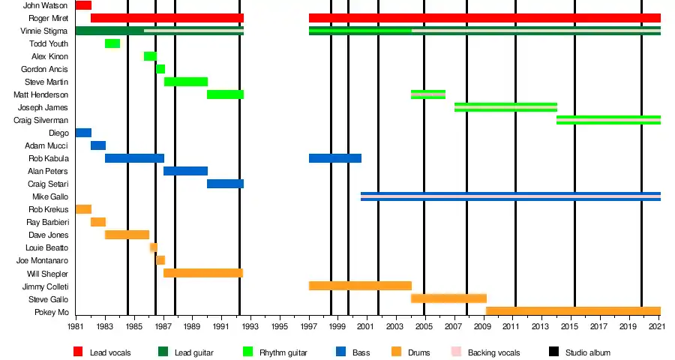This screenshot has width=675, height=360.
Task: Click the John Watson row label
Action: (x=46, y=5)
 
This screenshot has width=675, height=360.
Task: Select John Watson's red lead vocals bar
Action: (x=83, y=5)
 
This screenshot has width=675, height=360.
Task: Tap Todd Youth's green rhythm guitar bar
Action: (x=112, y=43)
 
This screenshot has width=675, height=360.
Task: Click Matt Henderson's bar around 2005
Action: (x=428, y=94)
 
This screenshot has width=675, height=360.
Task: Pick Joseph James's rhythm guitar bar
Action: (x=505, y=107)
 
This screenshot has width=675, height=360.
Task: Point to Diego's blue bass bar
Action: (x=83, y=133)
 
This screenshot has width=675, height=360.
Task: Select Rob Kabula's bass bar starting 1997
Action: (x=335, y=158)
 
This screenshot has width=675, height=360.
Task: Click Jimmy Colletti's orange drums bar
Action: (x=360, y=286)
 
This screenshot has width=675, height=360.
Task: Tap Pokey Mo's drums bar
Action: (x=573, y=311)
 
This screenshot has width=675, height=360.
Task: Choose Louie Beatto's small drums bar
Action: (x=153, y=247)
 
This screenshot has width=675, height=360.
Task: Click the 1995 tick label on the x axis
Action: (x=280, y=328)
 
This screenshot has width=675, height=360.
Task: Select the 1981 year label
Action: (x=76, y=328)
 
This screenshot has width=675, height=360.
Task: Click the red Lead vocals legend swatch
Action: (x=78, y=352)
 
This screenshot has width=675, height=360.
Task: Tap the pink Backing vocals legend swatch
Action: (x=456, y=352)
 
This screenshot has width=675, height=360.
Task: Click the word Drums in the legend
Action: (x=419, y=352)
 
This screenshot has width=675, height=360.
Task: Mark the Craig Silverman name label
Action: (x=41, y=120)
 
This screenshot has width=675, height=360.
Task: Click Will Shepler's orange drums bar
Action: (x=202, y=273)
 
